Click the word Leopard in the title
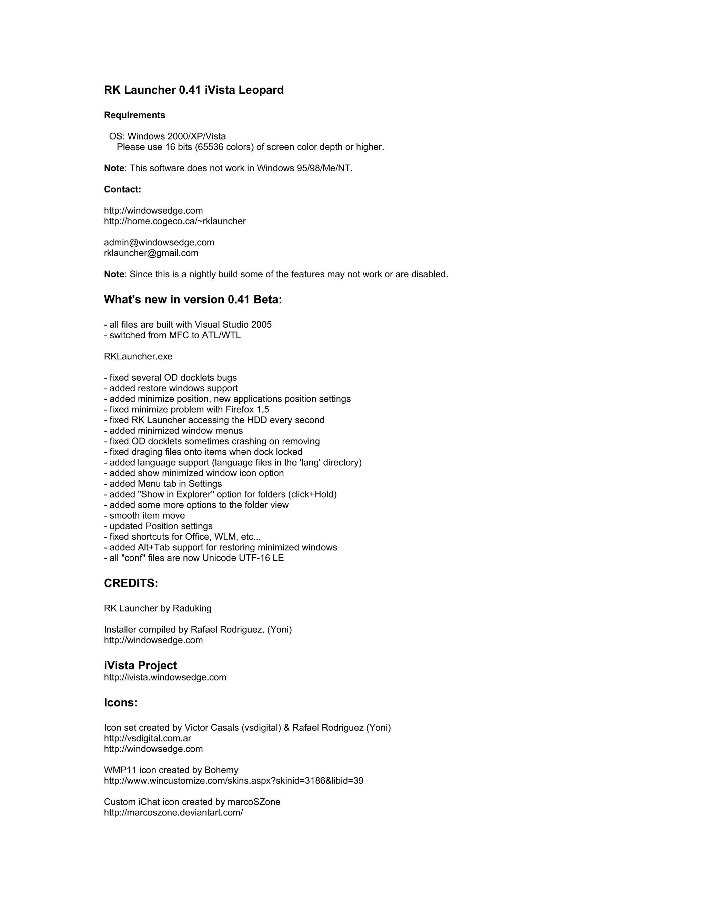click(261, 90)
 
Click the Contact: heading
click(122, 190)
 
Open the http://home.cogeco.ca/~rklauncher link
click(175, 222)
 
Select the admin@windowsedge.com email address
click(159, 243)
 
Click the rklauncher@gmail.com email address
click(151, 253)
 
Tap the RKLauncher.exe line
click(138, 357)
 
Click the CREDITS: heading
click(131, 584)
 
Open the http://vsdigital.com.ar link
click(147, 739)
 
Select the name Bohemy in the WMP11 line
click(221, 770)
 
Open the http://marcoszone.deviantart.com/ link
click(173, 813)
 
